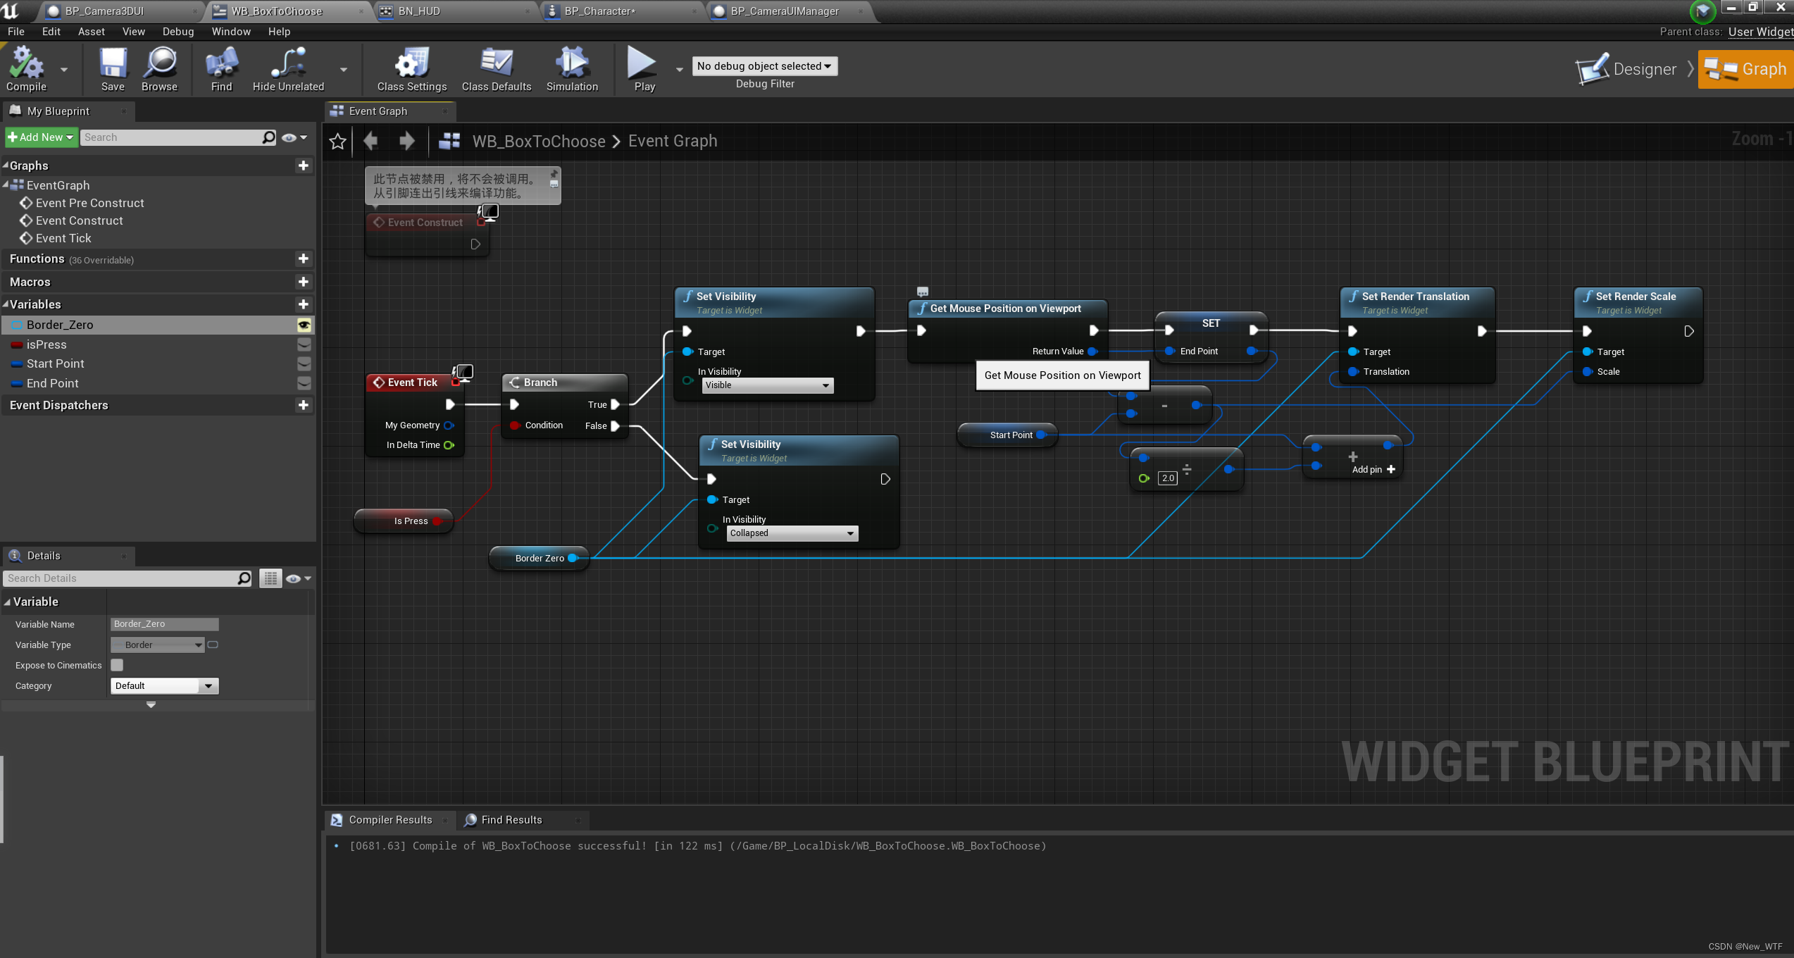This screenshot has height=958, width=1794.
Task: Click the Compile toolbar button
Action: [x=26, y=69]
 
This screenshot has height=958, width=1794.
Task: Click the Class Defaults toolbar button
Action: [x=496, y=69]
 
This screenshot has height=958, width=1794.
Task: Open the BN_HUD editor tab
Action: [x=419, y=11]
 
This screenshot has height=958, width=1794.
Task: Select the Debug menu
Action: [x=177, y=32]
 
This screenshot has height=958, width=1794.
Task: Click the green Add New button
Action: [x=41, y=137]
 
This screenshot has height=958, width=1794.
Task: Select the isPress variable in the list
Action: [x=46, y=344]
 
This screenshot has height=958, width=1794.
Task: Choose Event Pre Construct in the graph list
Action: [x=89, y=203]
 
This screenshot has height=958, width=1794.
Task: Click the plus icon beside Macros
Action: [x=304, y=282]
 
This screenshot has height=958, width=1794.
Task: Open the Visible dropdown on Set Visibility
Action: [x=767, y=385]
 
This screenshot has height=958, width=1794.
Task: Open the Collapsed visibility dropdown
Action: [x=792, y=533]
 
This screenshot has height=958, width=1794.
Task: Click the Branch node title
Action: [x=540, y=382]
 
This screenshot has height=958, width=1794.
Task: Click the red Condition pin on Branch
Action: [x=515, y=425]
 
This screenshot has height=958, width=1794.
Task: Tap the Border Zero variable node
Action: [x=539, y=559]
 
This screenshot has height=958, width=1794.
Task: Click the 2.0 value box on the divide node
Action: [x=1168, y=478]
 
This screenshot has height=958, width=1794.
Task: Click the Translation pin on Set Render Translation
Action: [x=1353, y=372]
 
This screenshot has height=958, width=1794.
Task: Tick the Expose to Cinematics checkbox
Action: [x=117, y=665]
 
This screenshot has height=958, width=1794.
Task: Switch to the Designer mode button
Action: [x=1628, y=69]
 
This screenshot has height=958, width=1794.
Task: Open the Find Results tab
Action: [x=511, y=820]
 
